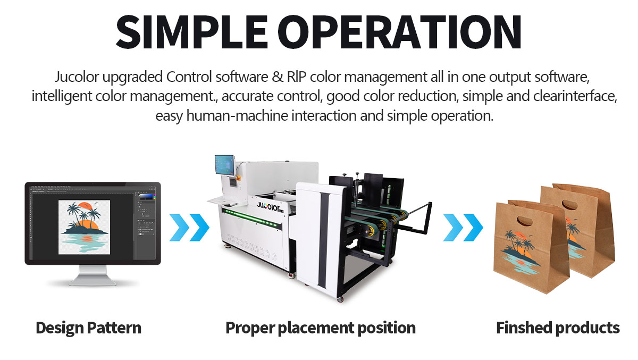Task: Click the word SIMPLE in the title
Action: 192,31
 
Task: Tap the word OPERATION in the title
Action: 400,31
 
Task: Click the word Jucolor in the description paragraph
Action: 77,77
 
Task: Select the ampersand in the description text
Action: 278,77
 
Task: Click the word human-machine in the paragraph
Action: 237,116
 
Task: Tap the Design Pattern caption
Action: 89,328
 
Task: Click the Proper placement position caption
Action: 321,328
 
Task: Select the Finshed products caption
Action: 558,328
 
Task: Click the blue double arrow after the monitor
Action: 190,228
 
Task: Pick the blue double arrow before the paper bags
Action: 463,228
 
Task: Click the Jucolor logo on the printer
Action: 270,206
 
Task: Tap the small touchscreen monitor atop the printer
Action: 225,165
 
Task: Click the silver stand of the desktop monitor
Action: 93,275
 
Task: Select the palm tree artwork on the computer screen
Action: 85,227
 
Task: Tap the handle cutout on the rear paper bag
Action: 570,204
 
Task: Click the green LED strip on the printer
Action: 250,218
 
